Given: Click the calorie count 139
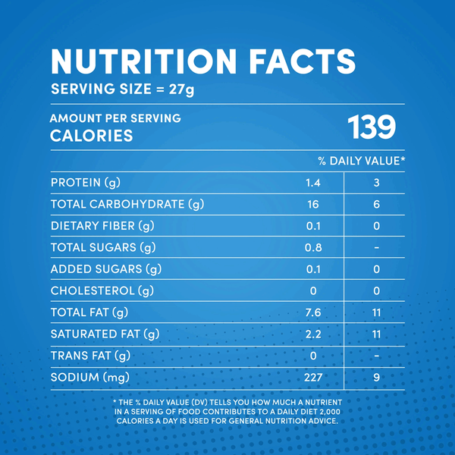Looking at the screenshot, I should pyautogui.click(x=372, y=127).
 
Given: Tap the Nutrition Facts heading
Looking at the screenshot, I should pyautogui.click(x=202, y=61).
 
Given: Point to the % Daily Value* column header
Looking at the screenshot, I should pyautogui.click(x=362, y=160).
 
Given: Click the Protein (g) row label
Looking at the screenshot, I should pyautogui.click(x=86, y=183).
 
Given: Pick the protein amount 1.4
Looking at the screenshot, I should pyautogui.click(x=313, y=183).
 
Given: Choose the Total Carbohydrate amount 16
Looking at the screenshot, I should pyautogui.click(x=313, y=205).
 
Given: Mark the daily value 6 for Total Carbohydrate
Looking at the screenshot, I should pyautogui.click(x=377, y=205).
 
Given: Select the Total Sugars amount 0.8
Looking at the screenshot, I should pyautogui.click(x=313, y=247).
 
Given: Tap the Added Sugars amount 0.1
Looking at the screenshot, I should pyautogui.click(x=313, y=269).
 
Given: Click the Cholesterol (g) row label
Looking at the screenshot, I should pyautogui.click(x=96, y=290).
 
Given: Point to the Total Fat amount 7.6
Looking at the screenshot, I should pyautogui.click(x=313, y=312).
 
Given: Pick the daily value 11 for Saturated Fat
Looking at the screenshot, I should pyautogui.click(x=377, y=334).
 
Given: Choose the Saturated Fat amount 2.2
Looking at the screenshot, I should pyautogui.click(x=313, y=334).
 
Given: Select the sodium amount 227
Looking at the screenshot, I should pyautogui.click(x=313, y=377).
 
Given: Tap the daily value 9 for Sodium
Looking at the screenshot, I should pyautogui.click(x=377, y=377).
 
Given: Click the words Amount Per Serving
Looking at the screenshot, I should pyautogui.click(x=115, y=119).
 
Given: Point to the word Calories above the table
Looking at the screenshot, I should pyautogui.click(x=91, y=136).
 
